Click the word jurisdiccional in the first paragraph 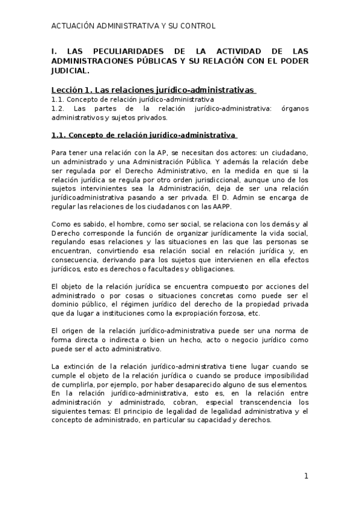214,179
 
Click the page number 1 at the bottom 306,476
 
